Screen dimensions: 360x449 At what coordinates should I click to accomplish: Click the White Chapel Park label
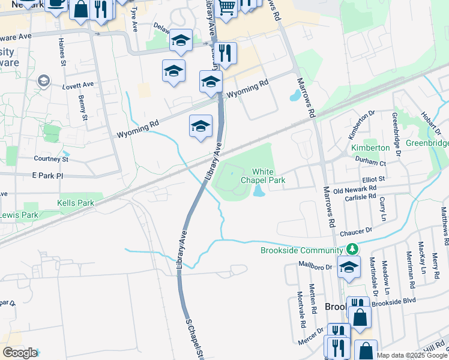(x=262, y=176)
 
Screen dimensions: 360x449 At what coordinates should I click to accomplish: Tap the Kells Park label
(x=76, y=203)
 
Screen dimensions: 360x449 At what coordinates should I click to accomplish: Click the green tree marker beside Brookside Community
(x=354, y=248)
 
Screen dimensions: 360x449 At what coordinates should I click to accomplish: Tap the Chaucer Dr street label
(x=356, y=230)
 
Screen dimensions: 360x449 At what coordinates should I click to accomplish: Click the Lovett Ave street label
(x=79, y=85)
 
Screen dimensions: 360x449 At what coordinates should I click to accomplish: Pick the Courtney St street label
(x=51, y=159)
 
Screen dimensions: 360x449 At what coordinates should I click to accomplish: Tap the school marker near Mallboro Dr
(x=348, y=268)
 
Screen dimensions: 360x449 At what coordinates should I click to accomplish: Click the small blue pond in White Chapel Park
(x=259, y=191)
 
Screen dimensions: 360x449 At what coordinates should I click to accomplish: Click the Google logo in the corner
(x=19, y=353)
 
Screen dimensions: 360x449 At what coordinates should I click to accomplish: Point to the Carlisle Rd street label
(x=360, y=196)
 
